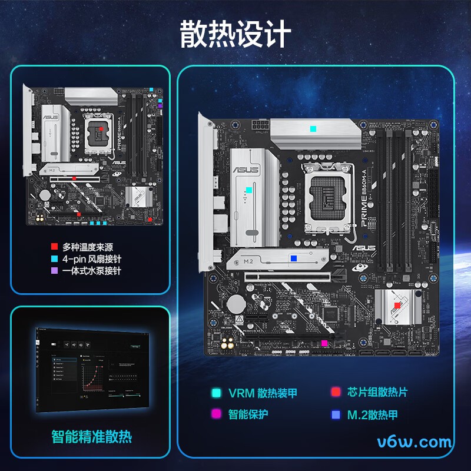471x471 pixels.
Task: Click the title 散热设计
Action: (235, 34)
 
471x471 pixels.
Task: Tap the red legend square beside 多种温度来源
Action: (54, 247)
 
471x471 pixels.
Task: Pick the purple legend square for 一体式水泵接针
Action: (54, 271)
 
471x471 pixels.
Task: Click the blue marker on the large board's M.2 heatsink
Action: (294, 258)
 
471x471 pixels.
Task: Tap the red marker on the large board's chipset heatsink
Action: (397, 305)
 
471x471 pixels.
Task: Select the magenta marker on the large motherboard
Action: (324, 343)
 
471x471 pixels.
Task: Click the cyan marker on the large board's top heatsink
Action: (313, 128)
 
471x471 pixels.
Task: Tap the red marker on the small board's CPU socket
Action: (101, 128)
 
